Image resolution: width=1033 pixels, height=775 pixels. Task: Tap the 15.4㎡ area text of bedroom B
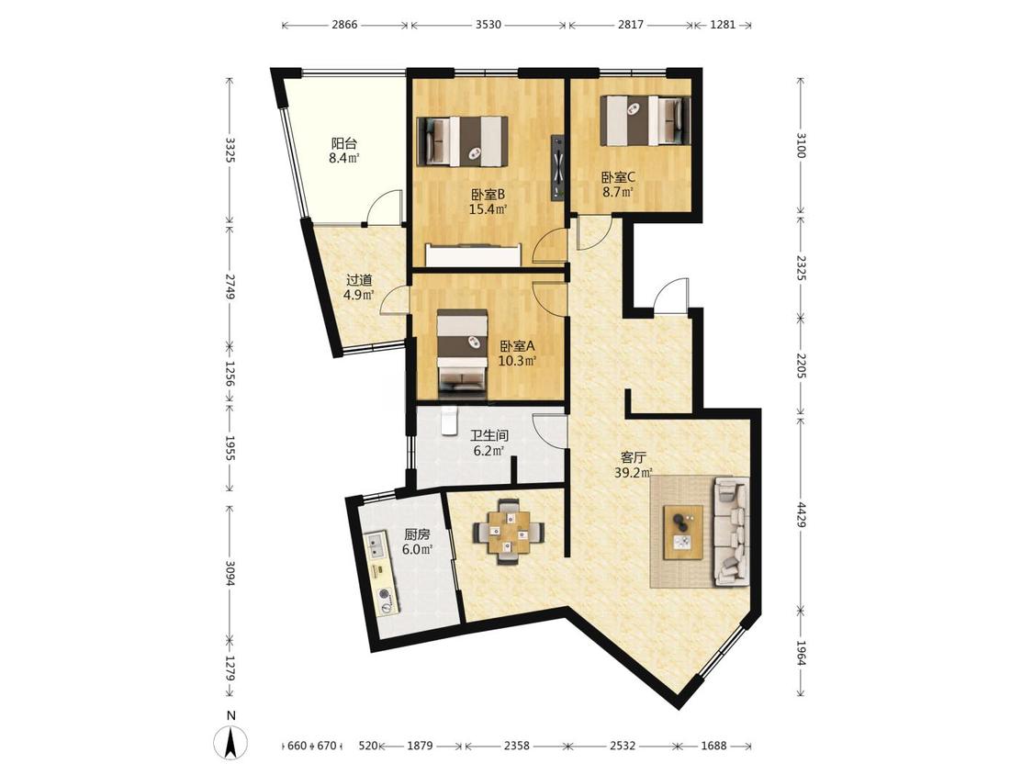[488, 210]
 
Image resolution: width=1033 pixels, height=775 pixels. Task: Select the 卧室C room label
[618, 177]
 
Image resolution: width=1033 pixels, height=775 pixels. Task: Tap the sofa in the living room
[731, 531]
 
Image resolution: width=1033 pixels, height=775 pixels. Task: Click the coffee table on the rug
[683, 533]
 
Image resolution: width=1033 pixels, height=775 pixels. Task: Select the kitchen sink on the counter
[377, 547]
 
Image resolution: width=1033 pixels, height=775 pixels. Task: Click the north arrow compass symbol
[231, 743]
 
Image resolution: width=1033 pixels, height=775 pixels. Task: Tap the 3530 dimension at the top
[488, 25]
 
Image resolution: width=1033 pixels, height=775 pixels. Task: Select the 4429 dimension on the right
[801, 514]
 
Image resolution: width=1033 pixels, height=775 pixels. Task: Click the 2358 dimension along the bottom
[516, 746]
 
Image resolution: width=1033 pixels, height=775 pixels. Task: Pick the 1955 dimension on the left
[230, 448]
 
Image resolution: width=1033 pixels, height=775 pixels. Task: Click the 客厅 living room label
[634, 456]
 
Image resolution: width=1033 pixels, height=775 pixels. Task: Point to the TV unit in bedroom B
[558, 167]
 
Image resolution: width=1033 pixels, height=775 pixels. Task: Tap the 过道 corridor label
[360, 280]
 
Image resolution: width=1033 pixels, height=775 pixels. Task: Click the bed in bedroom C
[646, 120]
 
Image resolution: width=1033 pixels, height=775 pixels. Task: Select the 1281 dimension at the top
[723, 25]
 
